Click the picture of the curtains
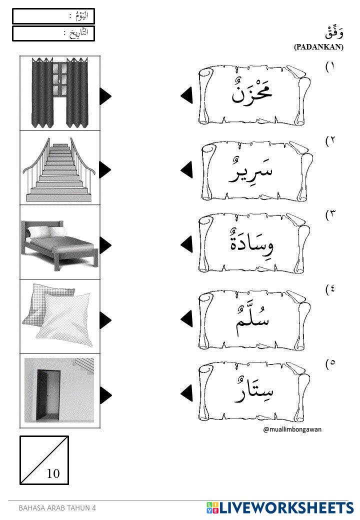[x=60, y=93]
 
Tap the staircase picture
[x=60, y=168]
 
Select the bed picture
[x=60, y=243]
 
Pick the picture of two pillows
[x=60, y=317]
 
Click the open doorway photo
[x=60, y=390]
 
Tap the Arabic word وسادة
[x=252, y=243]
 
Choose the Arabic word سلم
[x=252, y=317]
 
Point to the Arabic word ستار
[x=252, y=390]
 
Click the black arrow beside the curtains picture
[x=105, y=96]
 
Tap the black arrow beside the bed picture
[x=105, y=244]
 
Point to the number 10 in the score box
[x=53, y=473]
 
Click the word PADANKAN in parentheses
[x=318, y=47]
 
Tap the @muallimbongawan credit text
[x=292, y=430]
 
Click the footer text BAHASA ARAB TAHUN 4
[x=57, y=508]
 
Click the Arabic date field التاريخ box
[x=53, y=33]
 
